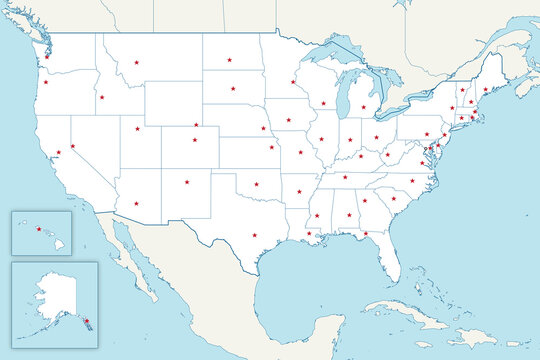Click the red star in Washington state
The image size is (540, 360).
(x=47, y=56)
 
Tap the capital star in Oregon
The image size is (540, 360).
(x=46, y=82)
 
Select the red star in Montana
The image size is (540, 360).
(x=137, y=63)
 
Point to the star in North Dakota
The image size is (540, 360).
(x=229, y=60)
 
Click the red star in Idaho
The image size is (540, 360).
(x=102, y=97)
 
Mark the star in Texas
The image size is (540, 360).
(x=254, y=235)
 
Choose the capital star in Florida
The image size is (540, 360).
(x=366, y=234)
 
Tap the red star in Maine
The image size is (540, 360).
(x=485, y=89)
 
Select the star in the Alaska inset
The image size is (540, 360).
(x=87, y=320)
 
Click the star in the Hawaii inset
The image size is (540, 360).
(x=39, y=229)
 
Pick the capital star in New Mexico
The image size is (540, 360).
(x=187, y=182)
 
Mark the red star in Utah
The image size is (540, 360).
(x=136, y=127)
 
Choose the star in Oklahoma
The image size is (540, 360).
(x=256, y=184)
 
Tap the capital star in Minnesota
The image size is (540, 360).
(x=293, y=82)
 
